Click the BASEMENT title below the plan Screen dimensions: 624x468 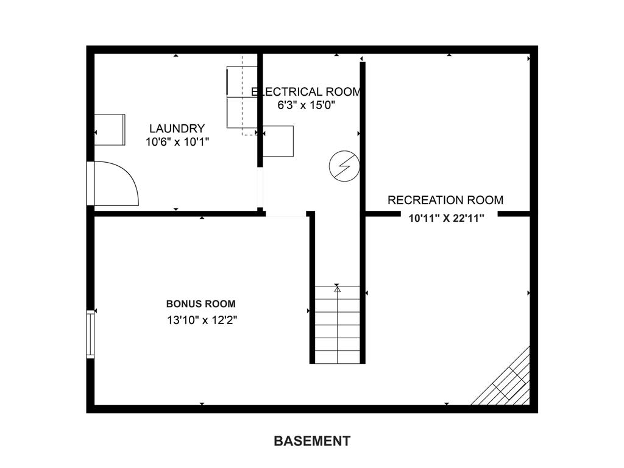click(x=312, y=441)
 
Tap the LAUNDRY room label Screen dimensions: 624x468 click(x=177, y=129)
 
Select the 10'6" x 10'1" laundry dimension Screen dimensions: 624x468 click(x=177, y=142)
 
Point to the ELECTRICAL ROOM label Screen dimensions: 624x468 click(x=306, y=92)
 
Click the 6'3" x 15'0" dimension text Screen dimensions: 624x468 click(x=306, y=105)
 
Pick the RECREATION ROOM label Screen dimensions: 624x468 click(x=445, y=200)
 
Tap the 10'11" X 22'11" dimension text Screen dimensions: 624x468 click(x=447, y=218)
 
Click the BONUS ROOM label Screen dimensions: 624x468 click(x=201, y=304)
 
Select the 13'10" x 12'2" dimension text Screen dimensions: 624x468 click(x=202, y=321)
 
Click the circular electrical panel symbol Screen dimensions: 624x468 click(x=345, y=166)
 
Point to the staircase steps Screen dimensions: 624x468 click(x=338, y=325)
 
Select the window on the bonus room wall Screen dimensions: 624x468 click(x=91, y=334)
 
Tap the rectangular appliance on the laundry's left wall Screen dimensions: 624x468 click(x=110, y=130)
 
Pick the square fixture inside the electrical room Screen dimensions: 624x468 click(x=278, y=141)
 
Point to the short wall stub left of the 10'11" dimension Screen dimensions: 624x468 click(x=383, y=214)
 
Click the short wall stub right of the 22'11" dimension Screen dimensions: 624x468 click(x=514, y=214)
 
